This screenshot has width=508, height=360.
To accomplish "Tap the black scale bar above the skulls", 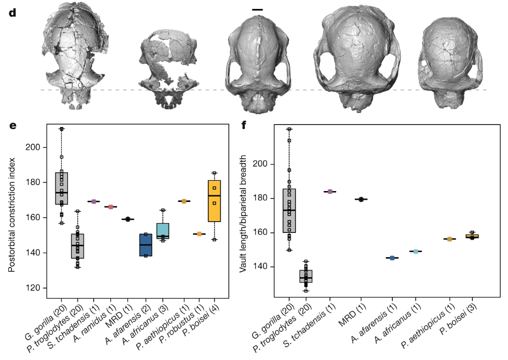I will (x=257, y=9).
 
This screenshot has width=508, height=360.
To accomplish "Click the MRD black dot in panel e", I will (x=128, y=219).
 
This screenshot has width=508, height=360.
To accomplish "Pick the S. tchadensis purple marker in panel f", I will (x=330, y=192).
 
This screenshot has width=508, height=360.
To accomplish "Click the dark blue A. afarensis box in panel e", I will (x=146, y=245).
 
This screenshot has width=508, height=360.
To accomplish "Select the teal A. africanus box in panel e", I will (x=163, y=231).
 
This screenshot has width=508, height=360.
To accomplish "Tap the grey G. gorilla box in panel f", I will (x=289, y=210).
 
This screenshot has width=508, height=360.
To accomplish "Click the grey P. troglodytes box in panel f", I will (x=306, y=276).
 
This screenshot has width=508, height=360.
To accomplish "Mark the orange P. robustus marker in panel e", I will (x=199, y=234).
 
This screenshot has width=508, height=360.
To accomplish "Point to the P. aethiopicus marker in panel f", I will (x=449, y=239).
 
